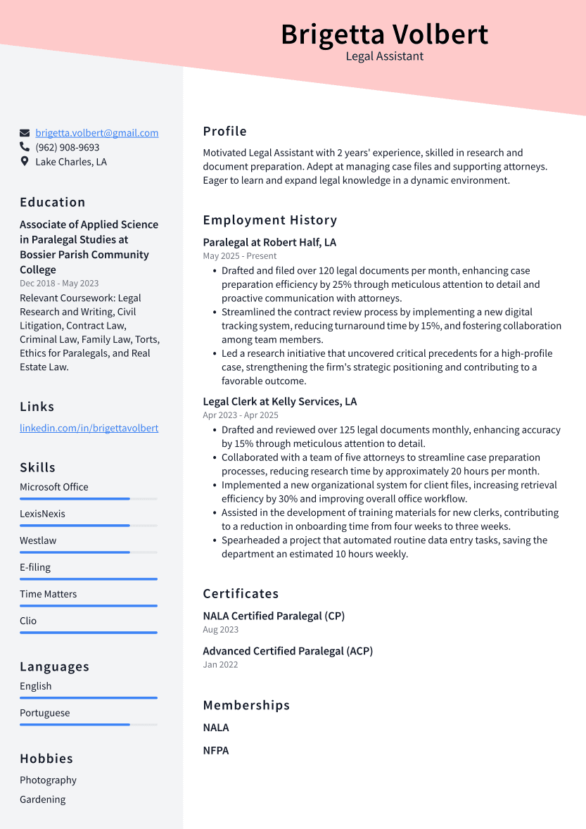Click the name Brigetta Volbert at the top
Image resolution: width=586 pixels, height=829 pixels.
pyautogui.click(x=384, y=34)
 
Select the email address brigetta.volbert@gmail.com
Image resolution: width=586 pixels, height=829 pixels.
pyautogui.click(x=97, y=133)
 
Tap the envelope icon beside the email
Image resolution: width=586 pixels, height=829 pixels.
pyautogui.click(x=25, y=133)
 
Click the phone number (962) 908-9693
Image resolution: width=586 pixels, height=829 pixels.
pyautogui.click(x=68, y=148)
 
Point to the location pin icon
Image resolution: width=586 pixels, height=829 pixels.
pyautogui.click(x=25, y=162)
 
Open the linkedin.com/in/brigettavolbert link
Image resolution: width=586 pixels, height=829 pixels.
pyautogui.click(x=89, y=428)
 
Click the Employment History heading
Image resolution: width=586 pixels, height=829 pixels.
pyautogui.click(x=270, y=220)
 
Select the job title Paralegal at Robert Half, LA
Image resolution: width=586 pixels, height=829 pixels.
pyautogui.click(x=269, y=242)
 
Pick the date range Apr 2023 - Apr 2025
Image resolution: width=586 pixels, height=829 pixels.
pyautogui.click(x=241, y=415)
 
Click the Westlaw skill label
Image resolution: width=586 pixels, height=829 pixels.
pyautogui.click(x=38, y=540)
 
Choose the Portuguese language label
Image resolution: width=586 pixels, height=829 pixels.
pyautogui.click(x=45, y=713)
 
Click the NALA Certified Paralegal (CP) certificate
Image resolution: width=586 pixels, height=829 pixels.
pyautogui.click(x=274, y=616)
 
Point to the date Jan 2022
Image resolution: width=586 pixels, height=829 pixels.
pyautogui.click(x=220, y=664)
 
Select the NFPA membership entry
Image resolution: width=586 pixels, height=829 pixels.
pyautogui.click(x=216, y=750)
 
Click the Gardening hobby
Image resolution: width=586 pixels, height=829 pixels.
pyautogui.click(x=42, y=799)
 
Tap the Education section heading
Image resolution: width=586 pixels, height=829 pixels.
pyautogui.click(x=53, y=202)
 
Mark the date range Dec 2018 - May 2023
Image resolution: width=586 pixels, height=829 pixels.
pyautogui.click(x=59, y=284)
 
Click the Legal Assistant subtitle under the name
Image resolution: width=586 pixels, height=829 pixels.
pyautogui.click(x=384, y=56)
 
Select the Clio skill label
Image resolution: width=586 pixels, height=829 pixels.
pyautogui.click(x=28, y=621)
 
